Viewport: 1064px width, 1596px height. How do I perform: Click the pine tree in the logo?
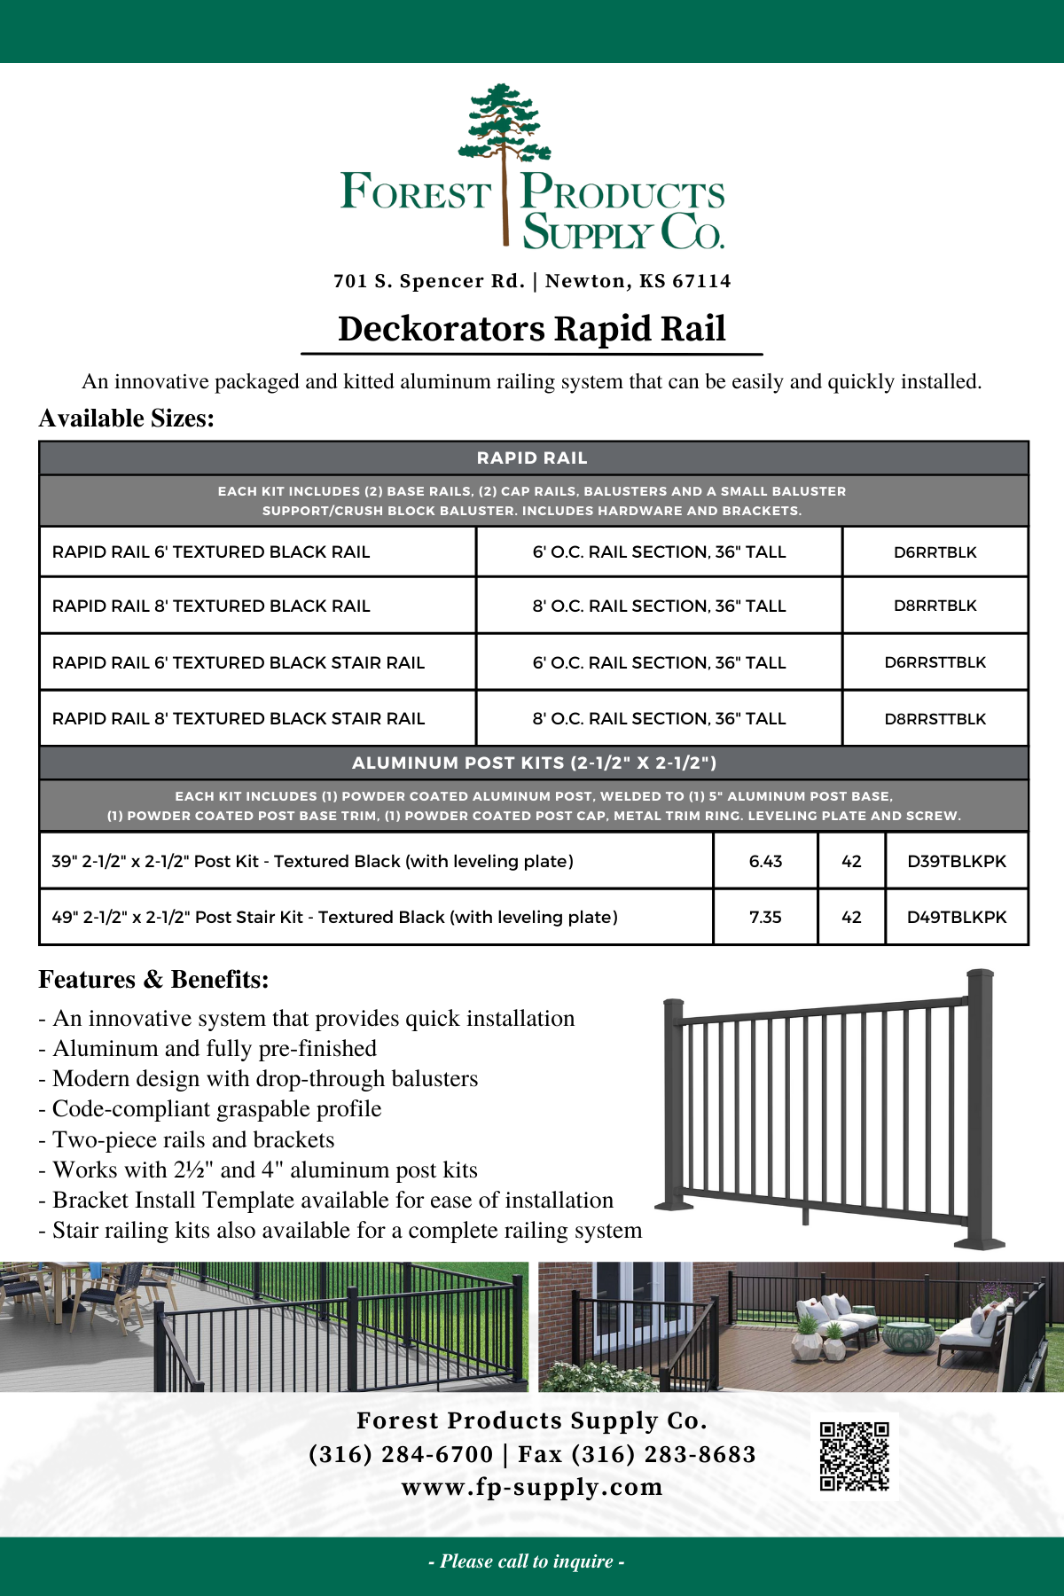pyautogui.click(x=505, y=133)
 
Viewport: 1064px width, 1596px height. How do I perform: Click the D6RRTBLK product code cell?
pyautogui.click(x=935, y=552)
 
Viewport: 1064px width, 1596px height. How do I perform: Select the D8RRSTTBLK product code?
pyautogui.click(x=935, y=719)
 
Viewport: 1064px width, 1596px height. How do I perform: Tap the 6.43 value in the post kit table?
pyautogui.click(x=765, y=861)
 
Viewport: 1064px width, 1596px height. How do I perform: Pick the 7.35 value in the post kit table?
pyautogui.click(x=765, y=917)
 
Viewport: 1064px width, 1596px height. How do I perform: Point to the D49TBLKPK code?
pyautogui.click(x=956, y=917)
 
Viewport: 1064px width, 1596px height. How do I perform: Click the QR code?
pyautogui.click(x=854, y=1456)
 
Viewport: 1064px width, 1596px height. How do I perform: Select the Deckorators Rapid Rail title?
pyautogui.click(x=532, y=329)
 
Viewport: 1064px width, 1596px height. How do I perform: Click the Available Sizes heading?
pyautogui.click(x=127, y=419)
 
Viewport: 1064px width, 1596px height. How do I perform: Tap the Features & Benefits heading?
pyautogui.click(x=153, y=980)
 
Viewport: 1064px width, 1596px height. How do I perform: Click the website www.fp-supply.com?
pyautogui.click(x=532, y=1487)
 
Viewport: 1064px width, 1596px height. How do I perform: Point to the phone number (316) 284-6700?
pyautogui.click(x=401, y=1454)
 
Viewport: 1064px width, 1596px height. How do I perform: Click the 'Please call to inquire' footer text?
pyautogui.click(x=527, y=1561)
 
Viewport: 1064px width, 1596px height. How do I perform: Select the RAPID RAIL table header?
pyautogui.click(x=532, y=458)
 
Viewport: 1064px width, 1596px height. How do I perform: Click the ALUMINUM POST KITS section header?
pyautogui.click(x=534, y=763)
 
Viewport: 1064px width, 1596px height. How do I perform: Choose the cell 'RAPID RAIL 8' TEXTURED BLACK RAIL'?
pyautogui.click(x=211, y=606)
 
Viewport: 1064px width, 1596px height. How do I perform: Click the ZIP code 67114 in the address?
pyautogui.click(x=701, y=281)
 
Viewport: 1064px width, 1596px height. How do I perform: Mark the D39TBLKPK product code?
pyautogui.click(x=956, y=861)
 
